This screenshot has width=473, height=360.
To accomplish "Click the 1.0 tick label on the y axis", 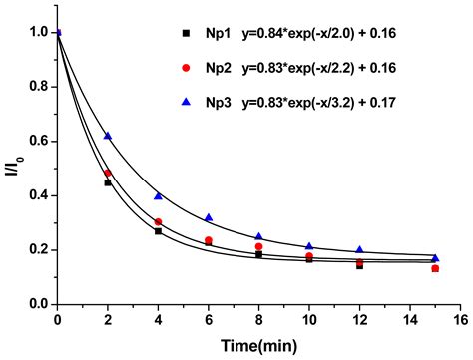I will (38, 33).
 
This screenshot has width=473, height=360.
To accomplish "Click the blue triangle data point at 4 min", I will (158, 196).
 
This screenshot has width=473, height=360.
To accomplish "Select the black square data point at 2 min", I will (108, 182).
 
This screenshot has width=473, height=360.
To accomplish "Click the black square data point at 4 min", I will (158, 231).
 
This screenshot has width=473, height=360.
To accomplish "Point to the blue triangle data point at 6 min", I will (209, 217).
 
